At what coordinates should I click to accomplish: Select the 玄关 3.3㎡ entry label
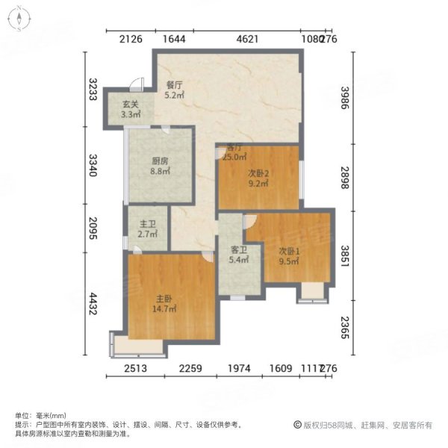(131, 111)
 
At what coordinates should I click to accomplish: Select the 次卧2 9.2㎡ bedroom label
(258, 179)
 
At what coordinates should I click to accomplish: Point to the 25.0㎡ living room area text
(237, 158)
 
